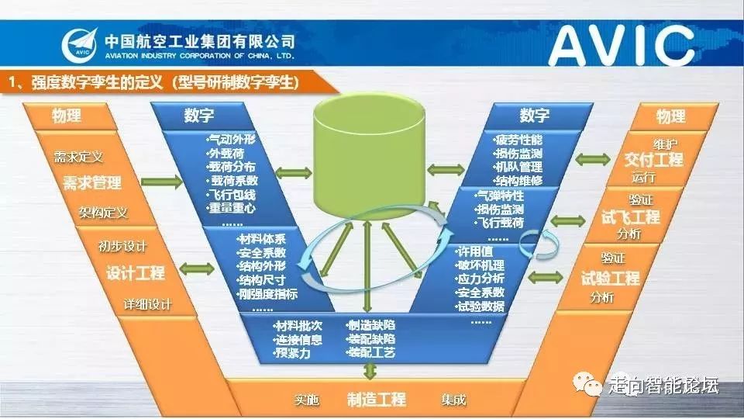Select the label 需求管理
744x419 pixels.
[x=92, y=183]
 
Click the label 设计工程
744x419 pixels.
[x=136, y=273]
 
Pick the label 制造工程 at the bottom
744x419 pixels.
[x=377, y=400]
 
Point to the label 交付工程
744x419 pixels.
[x=653, y=160]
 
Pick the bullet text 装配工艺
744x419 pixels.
[x=371, y=352]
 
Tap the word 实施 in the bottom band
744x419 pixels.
[x=307, y=400]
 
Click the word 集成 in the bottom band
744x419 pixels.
[x=454, y=400]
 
